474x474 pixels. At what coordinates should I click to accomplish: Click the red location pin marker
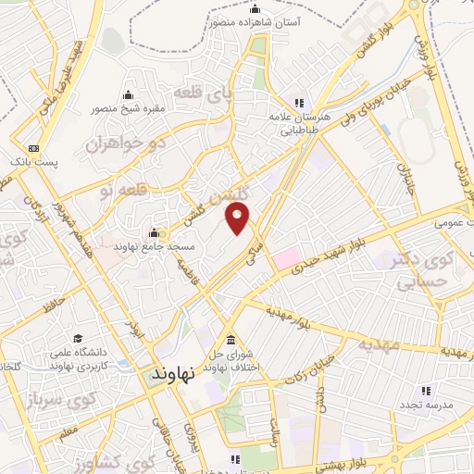pos(239,218)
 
